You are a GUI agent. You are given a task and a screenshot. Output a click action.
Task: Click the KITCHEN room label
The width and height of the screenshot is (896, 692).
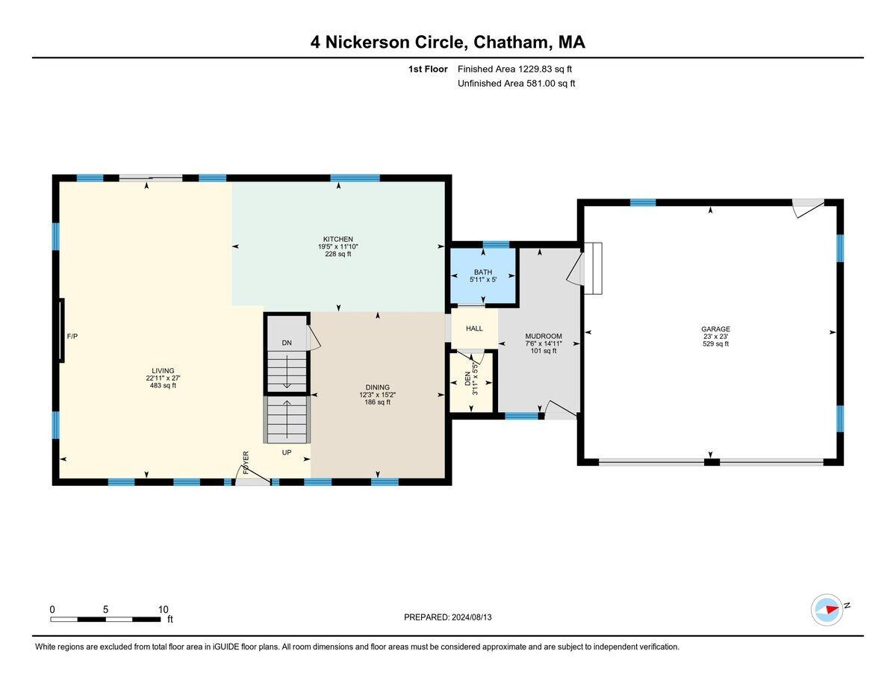point(337,239)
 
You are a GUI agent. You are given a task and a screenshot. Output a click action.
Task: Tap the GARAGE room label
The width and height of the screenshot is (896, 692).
point(715,329)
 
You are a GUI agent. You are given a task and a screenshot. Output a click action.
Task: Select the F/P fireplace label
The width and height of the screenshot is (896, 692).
point(72,337)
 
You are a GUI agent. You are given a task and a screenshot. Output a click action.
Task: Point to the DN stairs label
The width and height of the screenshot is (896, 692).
point(287,343)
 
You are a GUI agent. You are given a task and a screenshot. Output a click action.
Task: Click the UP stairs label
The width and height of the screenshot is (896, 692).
point(287,452)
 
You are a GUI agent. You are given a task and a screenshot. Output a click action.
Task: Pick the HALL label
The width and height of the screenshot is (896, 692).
point(474,328)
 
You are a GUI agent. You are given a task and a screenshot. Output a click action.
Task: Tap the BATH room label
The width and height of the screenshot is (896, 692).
point(483,272)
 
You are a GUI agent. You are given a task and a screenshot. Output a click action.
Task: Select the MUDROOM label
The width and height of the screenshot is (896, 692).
point(544,336)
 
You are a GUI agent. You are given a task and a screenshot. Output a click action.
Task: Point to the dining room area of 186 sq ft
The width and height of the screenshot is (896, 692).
point(377,402)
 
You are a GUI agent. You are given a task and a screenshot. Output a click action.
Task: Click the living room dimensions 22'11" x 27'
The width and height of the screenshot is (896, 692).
point(163,378)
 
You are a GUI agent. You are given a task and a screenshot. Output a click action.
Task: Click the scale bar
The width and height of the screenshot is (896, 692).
point(105,619)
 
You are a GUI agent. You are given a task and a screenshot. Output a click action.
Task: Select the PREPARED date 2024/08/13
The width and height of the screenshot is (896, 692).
point(472,617)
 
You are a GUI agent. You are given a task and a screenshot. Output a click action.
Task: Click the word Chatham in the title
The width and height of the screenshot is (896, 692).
point(511,42)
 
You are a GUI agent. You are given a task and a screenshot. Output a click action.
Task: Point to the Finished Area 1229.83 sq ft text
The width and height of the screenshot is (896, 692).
point(514,69)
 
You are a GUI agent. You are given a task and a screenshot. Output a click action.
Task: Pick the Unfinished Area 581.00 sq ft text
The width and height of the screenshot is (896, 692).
point(516,84)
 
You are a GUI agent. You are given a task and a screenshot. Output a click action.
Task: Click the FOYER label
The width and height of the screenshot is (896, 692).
point(246,462)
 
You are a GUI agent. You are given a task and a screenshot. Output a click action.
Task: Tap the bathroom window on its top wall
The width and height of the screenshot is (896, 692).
point(496,244)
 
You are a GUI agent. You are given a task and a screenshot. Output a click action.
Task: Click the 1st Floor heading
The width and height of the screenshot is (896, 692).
point(428,69)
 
